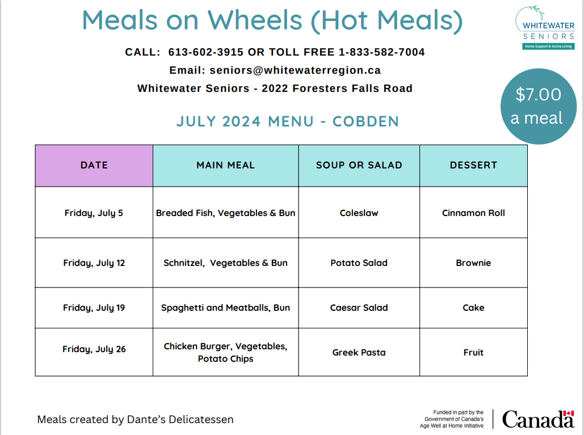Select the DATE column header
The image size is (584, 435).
(x=94, y=166)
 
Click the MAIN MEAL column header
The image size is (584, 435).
(x=225, y=166)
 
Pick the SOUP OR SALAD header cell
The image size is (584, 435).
(x=359, y=166)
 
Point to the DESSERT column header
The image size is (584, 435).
(x=473, y=166)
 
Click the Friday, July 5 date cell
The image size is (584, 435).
(x=94, y=213)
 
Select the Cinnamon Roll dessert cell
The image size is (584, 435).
(x=473, y=213)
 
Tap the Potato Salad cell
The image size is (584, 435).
(x=359, y=263)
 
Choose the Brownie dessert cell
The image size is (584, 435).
(x=473, y=263)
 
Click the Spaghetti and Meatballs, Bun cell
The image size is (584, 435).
(x=225, y=308)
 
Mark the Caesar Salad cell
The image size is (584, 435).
(x=359, y=308)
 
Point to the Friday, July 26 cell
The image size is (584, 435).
(x=94, y=349)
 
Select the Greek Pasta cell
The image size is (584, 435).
(x=359, y=352)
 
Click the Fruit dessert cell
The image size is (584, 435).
(x=473, y=352)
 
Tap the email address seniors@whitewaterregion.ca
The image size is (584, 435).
(x=295, y=71)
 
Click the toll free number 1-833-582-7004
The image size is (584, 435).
(x=381, y=52)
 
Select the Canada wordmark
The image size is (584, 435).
(x=538, y=419)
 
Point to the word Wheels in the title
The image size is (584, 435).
(x=257, y=20)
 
